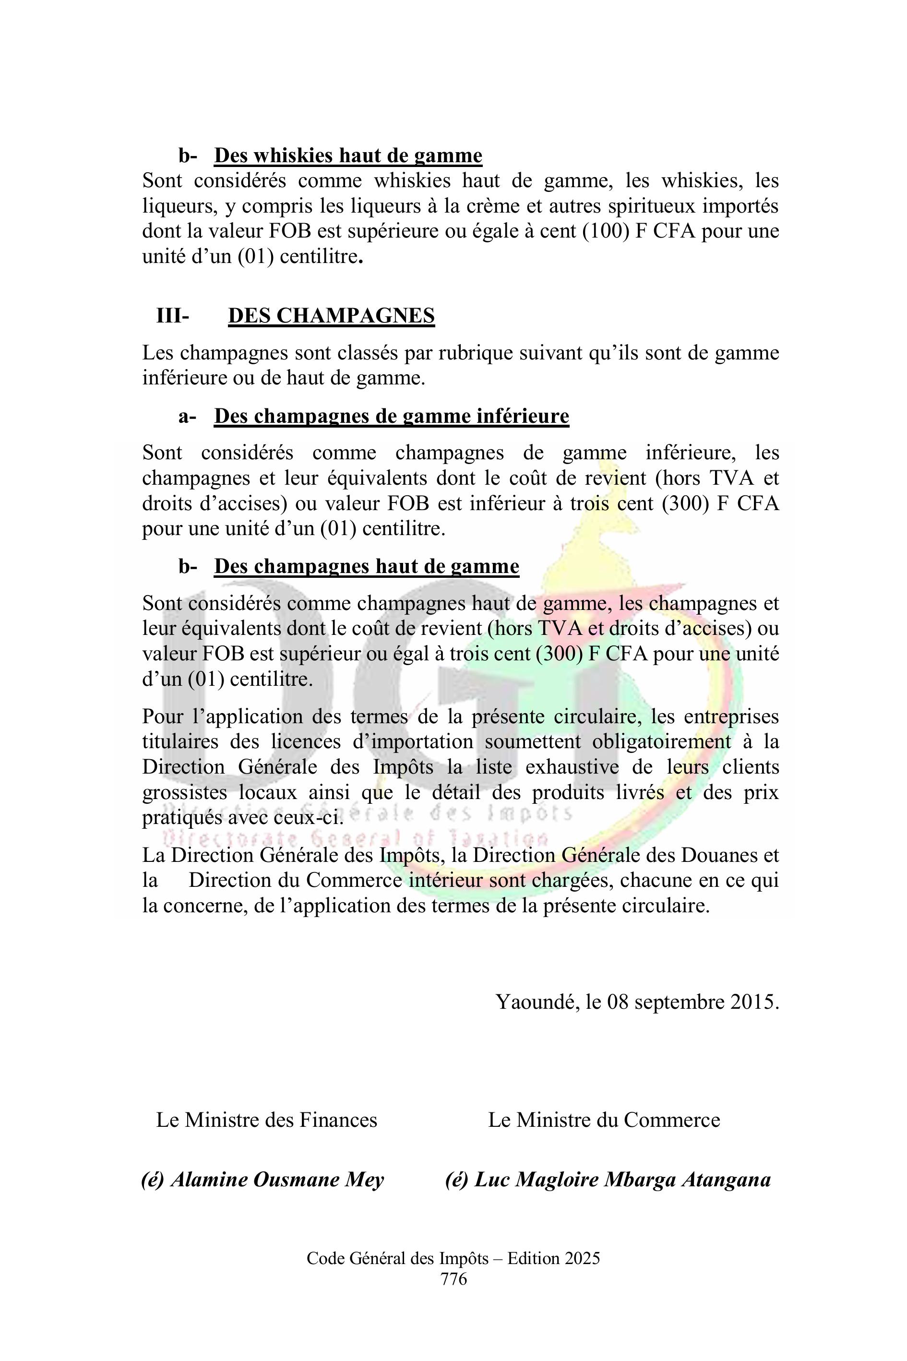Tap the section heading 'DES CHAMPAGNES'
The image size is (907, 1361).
[332, 316]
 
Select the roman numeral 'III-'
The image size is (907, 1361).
[172, 316]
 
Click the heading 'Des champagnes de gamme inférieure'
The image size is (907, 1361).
[391, 416]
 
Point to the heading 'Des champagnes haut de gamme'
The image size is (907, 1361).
[366, 566]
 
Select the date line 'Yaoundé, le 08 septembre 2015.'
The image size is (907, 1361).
[637, 1001]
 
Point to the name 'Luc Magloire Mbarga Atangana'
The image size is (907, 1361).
[622, 1180]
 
